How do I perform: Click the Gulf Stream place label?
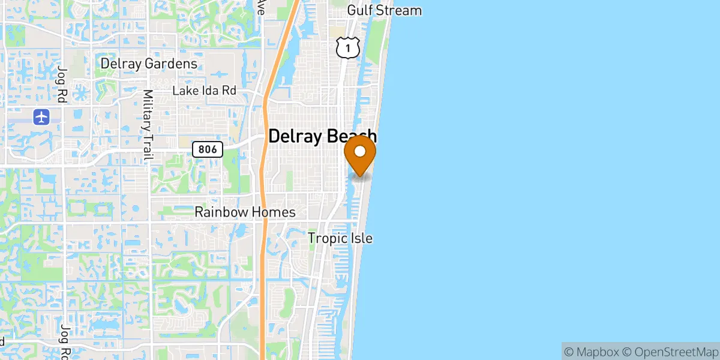[x=385, y=10]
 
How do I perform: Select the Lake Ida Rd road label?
[x=204, y=91]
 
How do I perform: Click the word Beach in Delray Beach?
[x=350, y=136]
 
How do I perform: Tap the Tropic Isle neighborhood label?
[x=340, y=238]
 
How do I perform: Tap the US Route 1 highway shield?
[x=347, y=47]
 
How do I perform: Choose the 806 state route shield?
[x=208, y=149]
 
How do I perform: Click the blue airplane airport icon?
[x=41, y=116]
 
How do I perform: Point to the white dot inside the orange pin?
[x=360, y=151]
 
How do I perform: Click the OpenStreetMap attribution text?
[x=669, y=351]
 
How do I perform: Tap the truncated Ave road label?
[x=260, y=7]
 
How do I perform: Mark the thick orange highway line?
[x=264, y=180]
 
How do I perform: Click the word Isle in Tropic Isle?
[x=361, y=238]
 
